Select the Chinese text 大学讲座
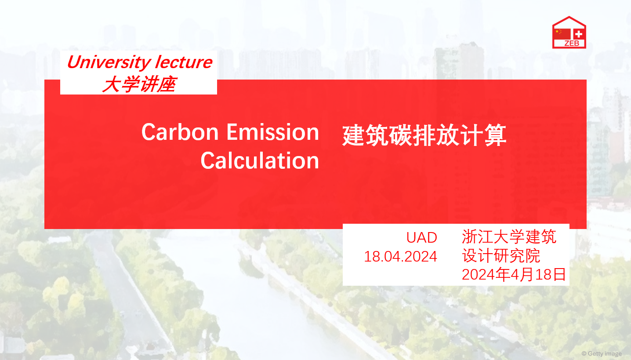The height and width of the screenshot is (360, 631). pos(139,84)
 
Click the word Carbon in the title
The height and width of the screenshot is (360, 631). pos(180,132)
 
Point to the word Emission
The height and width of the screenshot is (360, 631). pos(273,132)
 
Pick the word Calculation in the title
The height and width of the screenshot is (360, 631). pos(260,160)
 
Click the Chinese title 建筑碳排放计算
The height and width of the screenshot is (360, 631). pos(424,135)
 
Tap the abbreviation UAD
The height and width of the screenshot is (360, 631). pos(422,237)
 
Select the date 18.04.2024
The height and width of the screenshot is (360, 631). pos(401,257)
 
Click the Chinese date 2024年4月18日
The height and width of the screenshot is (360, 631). pos(514,274)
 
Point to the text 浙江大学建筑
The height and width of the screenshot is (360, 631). pos(509,236)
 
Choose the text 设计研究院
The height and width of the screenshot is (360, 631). pos(501,256)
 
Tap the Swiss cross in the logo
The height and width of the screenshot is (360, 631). pos(579,34)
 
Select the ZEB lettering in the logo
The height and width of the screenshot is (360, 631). pos(572,44)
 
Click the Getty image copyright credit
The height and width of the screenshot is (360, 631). pos(602,353)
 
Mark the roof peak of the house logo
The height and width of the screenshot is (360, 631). pos(569,17)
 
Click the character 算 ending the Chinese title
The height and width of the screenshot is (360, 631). pos(495,135)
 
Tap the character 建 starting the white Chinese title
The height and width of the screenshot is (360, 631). pos(354,135)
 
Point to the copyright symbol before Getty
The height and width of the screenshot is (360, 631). pos(584,353)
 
